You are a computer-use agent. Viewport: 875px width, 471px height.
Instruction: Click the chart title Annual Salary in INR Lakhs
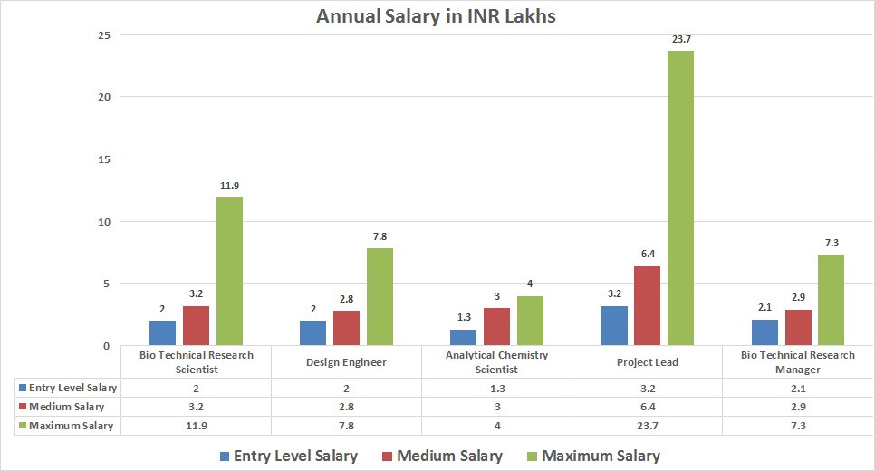(x=437, y=16)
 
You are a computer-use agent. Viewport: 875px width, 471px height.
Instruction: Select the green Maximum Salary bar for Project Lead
(x=680, y=197)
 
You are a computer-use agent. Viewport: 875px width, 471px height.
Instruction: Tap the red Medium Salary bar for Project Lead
(x=647, y=305)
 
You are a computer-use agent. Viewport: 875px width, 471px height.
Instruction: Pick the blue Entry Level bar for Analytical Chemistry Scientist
(x=462, y=337)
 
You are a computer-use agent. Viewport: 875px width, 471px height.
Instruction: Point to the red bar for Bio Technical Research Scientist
(x=196, y=325)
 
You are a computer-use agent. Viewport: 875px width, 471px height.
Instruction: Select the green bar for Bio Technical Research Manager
(x=831, y=300)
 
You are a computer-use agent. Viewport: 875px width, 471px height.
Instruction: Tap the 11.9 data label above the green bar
(x=229, y=186)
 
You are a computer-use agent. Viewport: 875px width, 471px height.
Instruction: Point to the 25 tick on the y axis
(x=105, y=35)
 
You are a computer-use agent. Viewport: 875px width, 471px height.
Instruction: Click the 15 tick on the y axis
(x=105, y=159)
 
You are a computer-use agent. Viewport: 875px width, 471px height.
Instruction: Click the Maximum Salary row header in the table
(x=71, y=426)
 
